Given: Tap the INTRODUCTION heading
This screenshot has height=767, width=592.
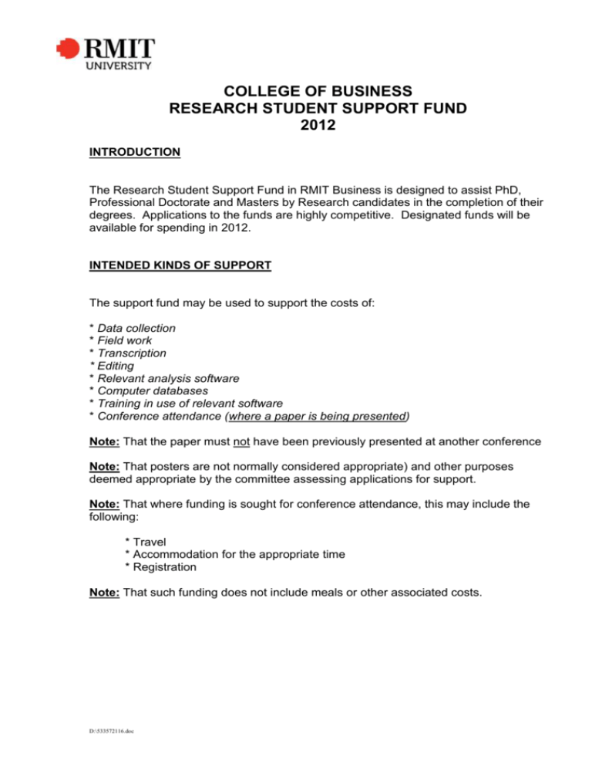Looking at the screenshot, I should (134, 152).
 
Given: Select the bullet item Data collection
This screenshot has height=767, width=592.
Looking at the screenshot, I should (136, 328).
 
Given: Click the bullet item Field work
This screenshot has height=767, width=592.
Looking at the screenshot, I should (123, 340).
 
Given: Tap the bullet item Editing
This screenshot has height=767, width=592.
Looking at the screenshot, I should (118, 366).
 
